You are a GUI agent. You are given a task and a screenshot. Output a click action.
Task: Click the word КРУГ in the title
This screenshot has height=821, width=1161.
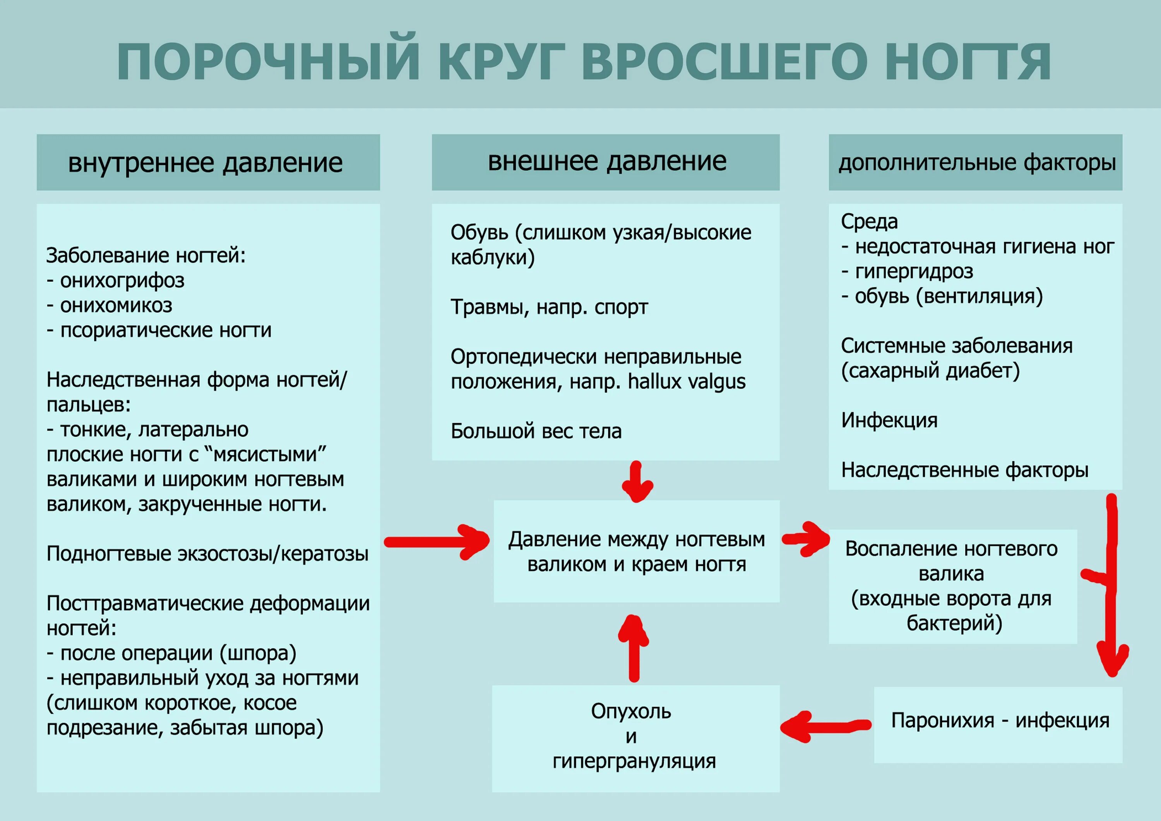coord(502,62)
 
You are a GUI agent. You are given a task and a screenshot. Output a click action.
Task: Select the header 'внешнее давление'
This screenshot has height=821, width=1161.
coord(607,161)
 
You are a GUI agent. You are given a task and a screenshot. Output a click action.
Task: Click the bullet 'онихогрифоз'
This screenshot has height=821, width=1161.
coord(122,281)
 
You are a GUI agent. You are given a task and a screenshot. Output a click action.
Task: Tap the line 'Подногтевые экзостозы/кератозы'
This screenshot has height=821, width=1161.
coord(207,554)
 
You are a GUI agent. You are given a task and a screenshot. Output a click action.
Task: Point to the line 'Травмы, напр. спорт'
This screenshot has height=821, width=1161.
coord(549,307)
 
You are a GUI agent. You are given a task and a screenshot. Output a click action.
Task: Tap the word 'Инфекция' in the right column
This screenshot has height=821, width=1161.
coord(889,420)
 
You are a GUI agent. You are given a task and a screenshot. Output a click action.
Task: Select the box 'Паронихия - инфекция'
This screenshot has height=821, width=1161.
coord(1000,720)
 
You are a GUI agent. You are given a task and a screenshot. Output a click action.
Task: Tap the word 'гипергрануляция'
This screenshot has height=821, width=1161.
coord(634,761)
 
